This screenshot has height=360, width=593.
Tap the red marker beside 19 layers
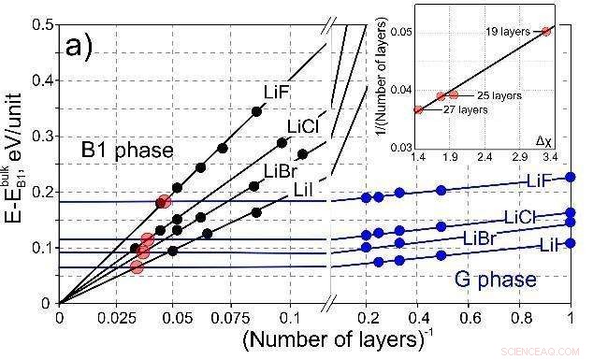[x=546, y=31]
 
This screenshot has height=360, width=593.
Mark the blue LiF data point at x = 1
[x=571, y=177]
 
